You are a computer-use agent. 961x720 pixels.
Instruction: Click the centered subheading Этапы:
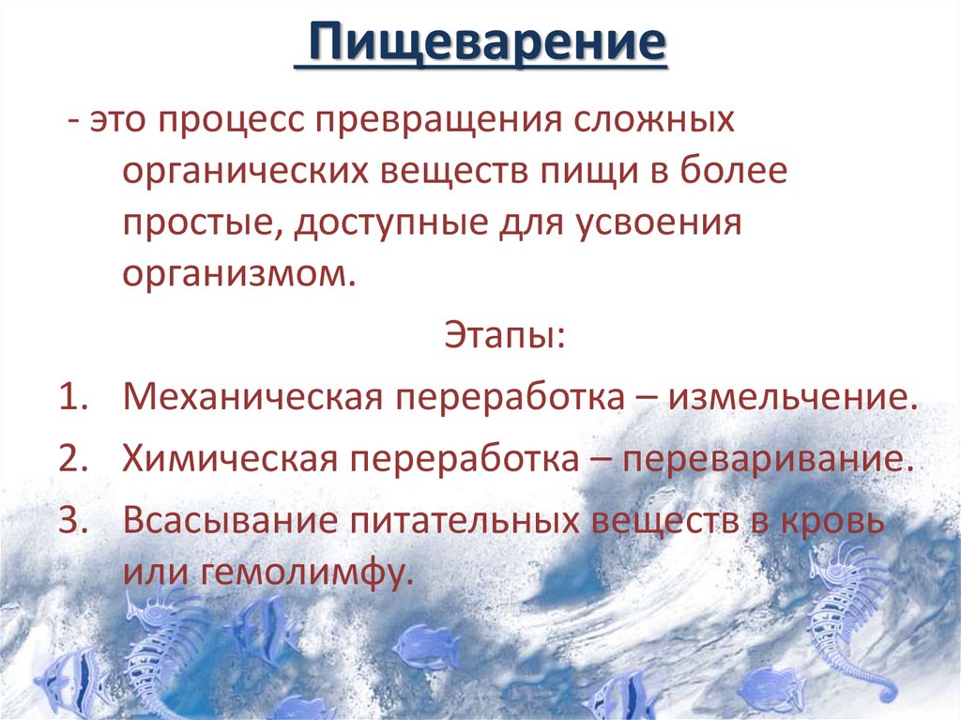coord(503,333)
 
